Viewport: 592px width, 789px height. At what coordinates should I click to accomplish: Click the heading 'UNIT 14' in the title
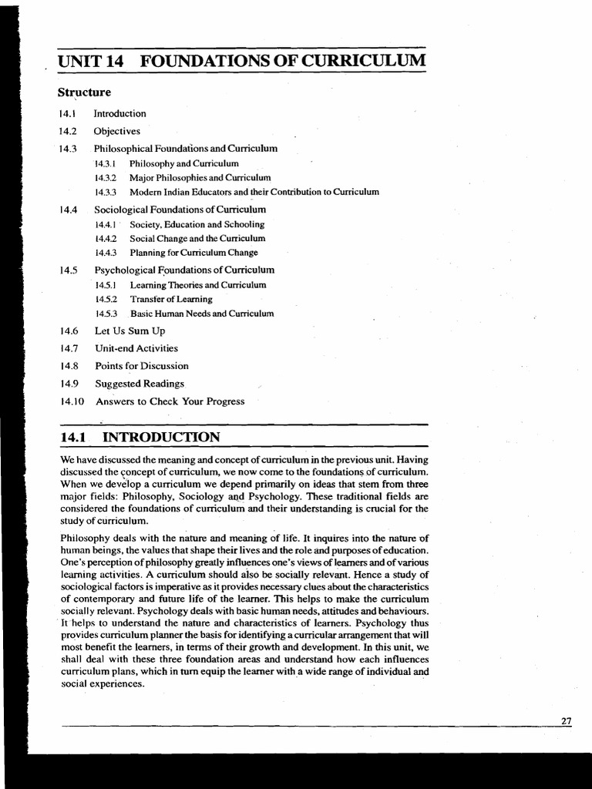(x=92, y=61)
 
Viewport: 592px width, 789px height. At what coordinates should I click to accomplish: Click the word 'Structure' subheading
(x=84, y=92)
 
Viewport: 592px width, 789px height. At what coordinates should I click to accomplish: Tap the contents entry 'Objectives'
(x=117, y=131)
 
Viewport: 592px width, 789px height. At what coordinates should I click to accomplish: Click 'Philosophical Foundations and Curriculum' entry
(x=186, y=148)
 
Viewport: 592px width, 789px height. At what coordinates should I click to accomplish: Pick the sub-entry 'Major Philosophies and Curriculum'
(x=200, y=177)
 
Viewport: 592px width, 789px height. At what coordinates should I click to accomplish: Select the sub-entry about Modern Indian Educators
(x=254, y=192)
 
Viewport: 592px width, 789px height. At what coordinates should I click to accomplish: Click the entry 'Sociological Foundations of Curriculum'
(x=180, y=209)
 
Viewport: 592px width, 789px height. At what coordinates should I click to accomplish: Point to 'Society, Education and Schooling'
(x=197, y=224)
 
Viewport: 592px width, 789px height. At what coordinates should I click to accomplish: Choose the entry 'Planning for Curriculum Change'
(x=193, y=253)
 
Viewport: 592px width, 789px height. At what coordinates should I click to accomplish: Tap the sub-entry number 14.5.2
(x=106, y=299)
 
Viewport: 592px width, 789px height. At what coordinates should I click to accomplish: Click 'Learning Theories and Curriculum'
(x=198, y=285)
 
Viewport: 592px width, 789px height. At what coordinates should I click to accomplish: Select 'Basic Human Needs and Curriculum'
(x=202, y=314)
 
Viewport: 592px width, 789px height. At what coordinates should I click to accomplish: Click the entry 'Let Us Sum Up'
(x=130, y=331)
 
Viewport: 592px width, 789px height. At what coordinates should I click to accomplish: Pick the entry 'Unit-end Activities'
(x=136, y=348)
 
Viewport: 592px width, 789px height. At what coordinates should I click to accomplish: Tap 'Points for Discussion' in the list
(x=142, y=366)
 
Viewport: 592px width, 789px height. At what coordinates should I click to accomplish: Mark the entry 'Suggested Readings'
(x=140, y=384)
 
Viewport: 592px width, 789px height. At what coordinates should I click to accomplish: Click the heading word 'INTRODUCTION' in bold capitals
(x=161, y=438)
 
